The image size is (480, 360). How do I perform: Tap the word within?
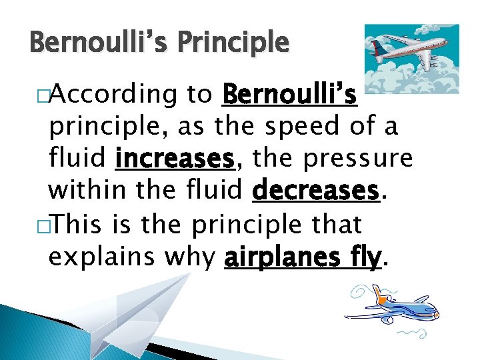point(89,192)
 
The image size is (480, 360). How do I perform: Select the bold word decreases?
point(315,192)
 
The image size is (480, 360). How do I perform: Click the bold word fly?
point(364,257)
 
